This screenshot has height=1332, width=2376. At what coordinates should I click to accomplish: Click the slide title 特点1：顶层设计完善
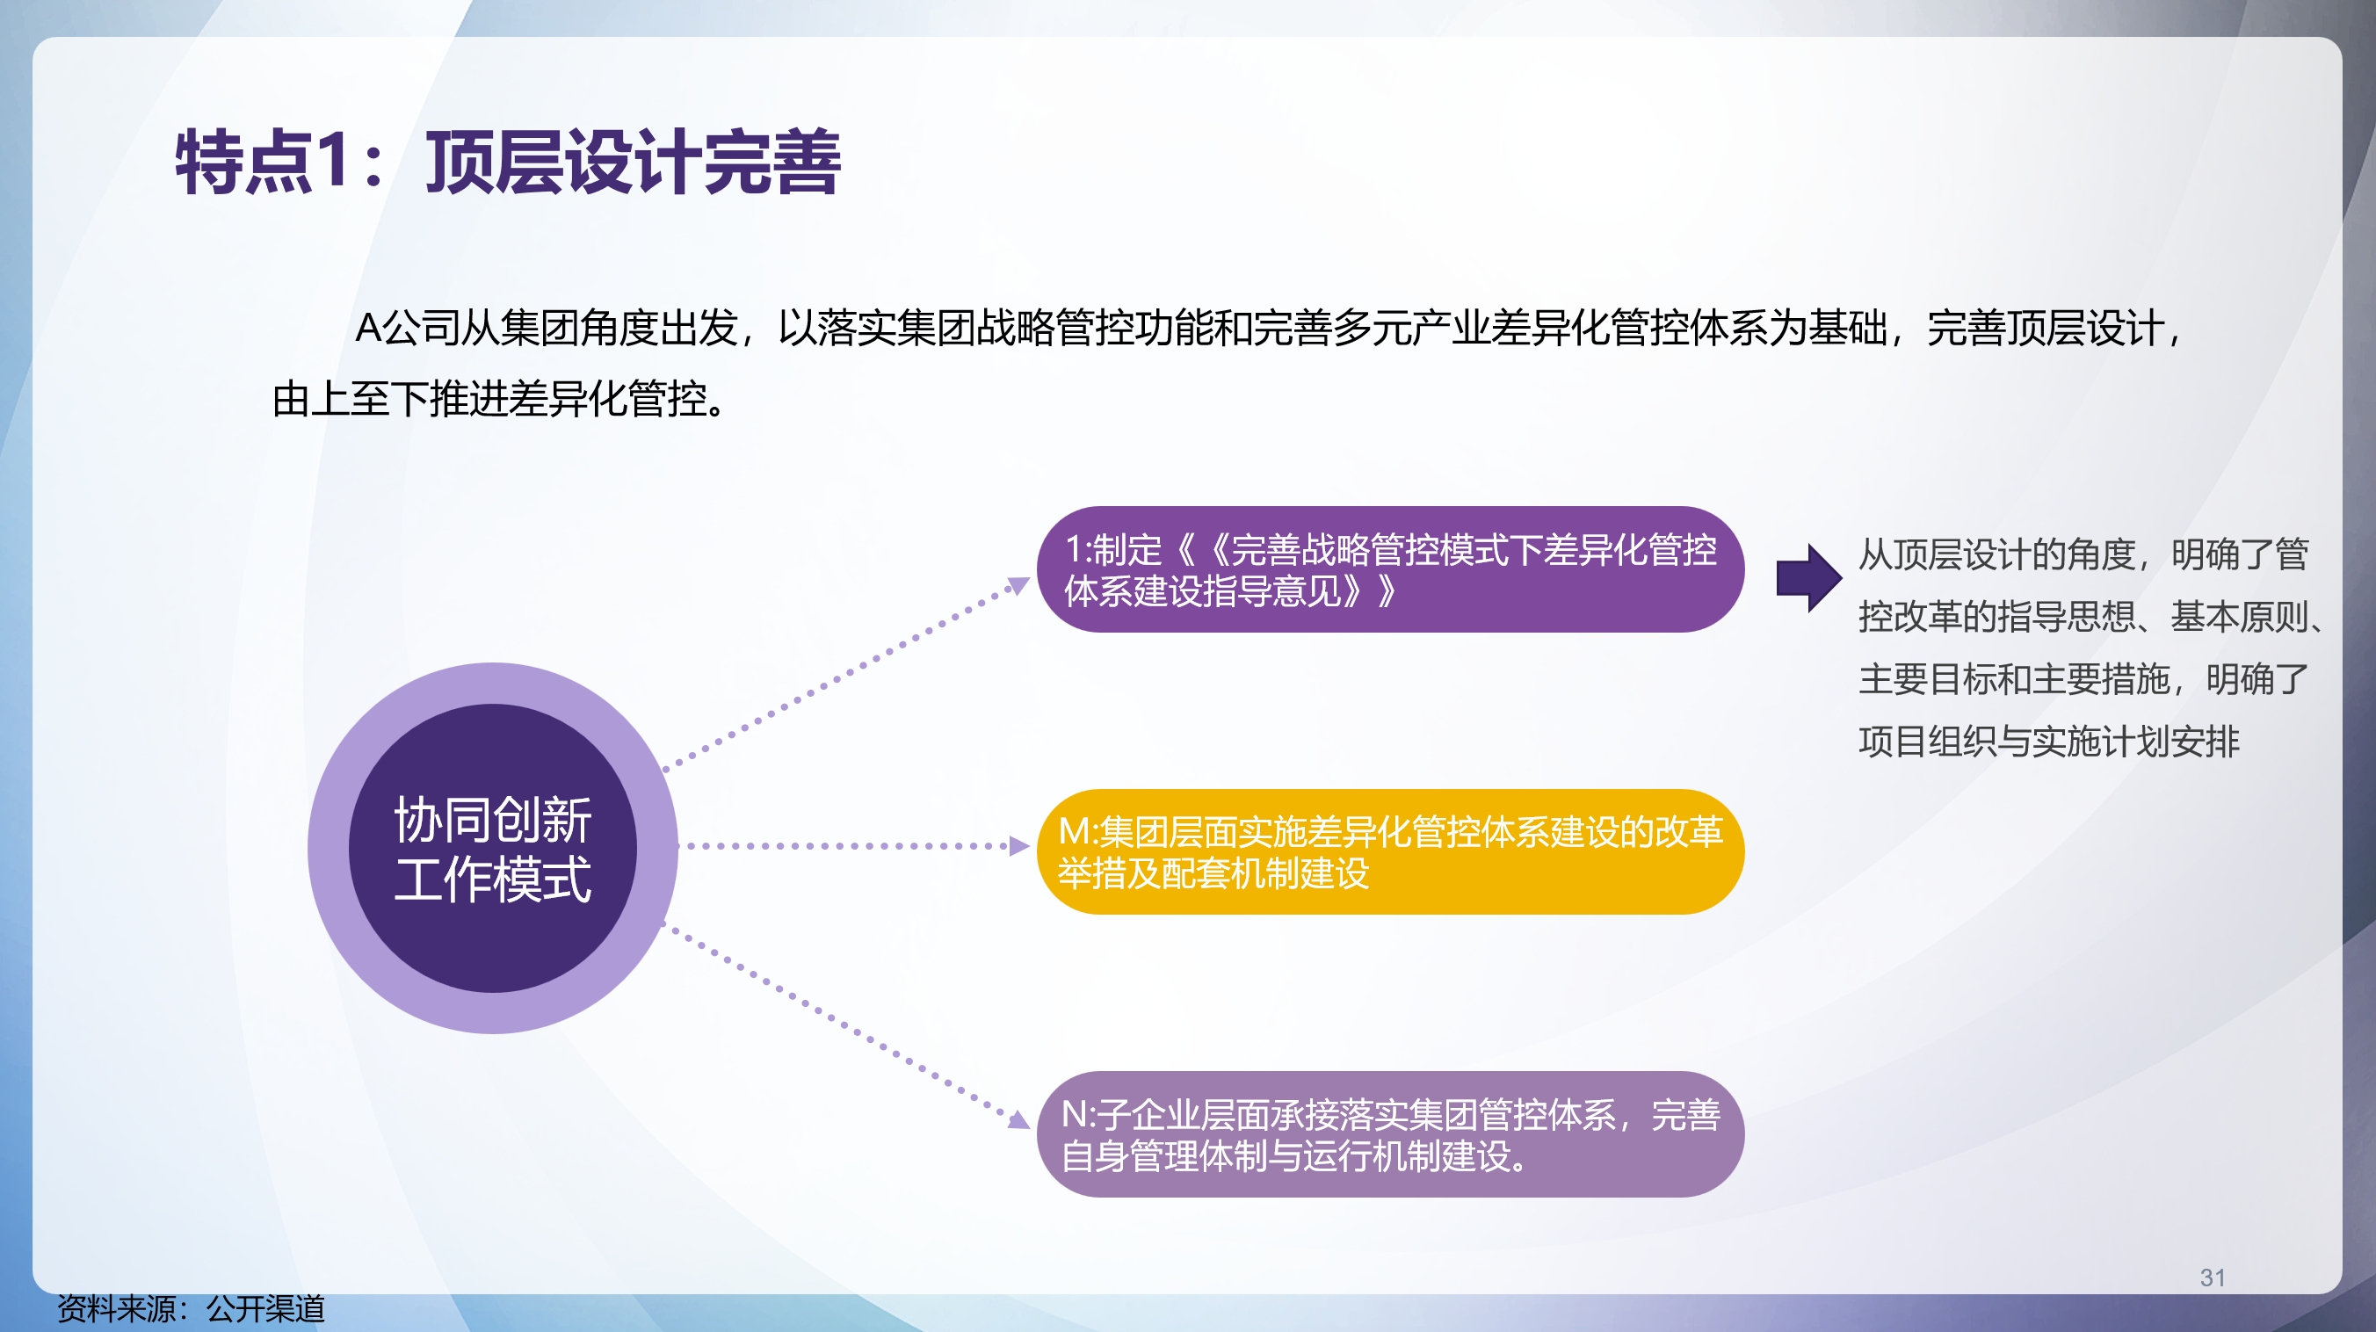[507, 163]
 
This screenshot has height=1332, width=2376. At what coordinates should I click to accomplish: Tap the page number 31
[2212, 1278]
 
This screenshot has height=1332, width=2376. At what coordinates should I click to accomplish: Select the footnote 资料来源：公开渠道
[191, 1309]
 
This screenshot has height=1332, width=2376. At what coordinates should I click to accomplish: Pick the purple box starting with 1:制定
[1389, 569]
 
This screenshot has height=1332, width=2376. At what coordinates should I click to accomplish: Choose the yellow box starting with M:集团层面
[1389, 851]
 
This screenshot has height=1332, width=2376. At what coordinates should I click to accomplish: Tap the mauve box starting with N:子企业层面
[1389, 1133]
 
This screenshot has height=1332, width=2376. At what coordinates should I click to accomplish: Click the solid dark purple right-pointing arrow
[1808, 578]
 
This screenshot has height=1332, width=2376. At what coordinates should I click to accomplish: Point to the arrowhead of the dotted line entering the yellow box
[1019, 846]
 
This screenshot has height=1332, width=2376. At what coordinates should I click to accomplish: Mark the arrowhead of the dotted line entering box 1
[1018, 586]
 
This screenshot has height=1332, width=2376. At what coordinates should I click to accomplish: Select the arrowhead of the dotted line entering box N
[1018, 1120]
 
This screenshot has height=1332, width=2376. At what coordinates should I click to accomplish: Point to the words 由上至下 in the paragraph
[351, 400]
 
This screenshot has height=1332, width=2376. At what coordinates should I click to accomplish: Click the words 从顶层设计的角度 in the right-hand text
[1997, 554]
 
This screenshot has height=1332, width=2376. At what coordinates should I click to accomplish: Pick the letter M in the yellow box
[1074, 832]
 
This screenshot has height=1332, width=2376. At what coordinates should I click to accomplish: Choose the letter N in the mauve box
[1076, 1114]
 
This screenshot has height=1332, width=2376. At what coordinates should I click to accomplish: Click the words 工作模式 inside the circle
[493, 880]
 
